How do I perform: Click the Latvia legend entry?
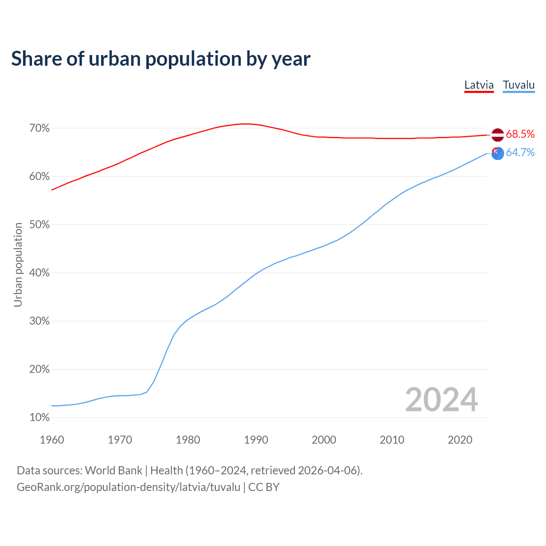click(479, 85)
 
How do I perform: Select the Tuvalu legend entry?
click(518, 85)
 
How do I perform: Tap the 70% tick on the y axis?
click(40, 128)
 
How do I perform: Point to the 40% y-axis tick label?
click(40, 273)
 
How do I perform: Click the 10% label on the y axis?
click(40, 418)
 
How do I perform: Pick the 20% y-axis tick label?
click(40, 369)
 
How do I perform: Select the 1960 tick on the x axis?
click(52, 440)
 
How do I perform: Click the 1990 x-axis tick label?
click(256, 440)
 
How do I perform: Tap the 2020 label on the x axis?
click(460, 440)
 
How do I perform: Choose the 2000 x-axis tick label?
click(324, 440)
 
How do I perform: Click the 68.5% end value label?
click(520, 134)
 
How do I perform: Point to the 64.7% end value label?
click(520, 153)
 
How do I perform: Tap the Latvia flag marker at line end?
click(498, 135)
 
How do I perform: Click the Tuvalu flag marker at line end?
click(498, 153)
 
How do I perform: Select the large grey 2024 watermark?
click(441, 400)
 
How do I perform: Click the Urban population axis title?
click(18, 264)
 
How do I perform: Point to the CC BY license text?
click(264, 487)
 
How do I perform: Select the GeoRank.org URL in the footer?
click(128, 487)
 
